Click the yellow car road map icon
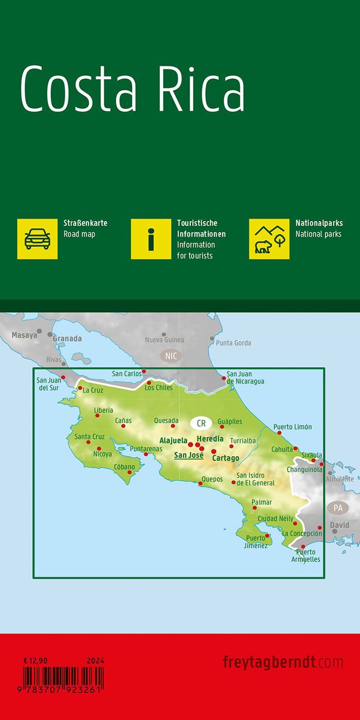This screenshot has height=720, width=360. point(38,239)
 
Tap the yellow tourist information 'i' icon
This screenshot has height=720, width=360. point(151,239)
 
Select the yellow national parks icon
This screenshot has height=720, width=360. point(269,239)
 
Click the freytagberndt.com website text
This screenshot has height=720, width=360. point(283,662)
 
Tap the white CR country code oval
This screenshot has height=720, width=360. point(201,423)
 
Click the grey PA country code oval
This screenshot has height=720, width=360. point(337,508)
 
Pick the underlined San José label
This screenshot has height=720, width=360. point(189,455)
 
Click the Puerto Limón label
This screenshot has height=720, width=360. point(292,427)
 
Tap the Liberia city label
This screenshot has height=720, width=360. point(103,410)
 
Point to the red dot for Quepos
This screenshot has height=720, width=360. point(201,483)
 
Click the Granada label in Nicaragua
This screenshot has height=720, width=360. point(67,338)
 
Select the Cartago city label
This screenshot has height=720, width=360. point(225,458)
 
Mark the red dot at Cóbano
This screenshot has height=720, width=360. point(130,472)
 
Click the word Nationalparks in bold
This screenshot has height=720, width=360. point(319,223)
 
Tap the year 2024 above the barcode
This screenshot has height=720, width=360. point(95,660)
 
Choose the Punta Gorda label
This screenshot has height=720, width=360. point(233,343)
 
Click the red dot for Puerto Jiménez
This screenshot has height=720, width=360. point(267,535)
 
